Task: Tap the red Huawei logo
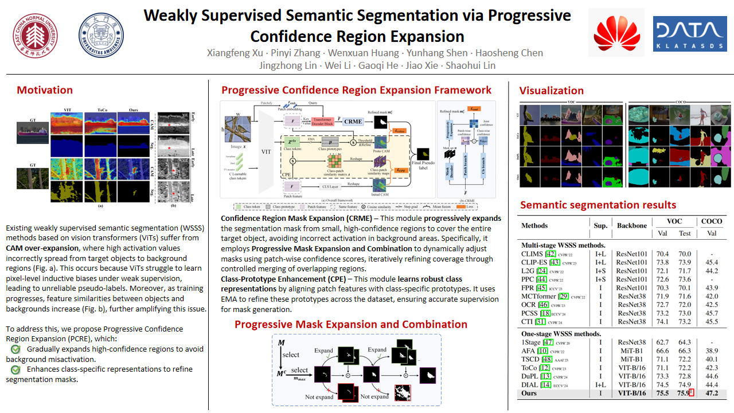(x=616, y=33)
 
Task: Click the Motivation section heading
(x=45, y=90)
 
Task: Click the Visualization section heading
(x=551, y=91)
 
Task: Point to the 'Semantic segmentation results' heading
(x=598, y=205)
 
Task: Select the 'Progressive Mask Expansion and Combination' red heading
(x=350, y=324)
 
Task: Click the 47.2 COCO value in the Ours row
(x=712, y=393)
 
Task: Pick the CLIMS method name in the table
(x=530, y=254)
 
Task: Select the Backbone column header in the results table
(x=631, y=225)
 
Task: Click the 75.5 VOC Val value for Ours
(x=662, y=393)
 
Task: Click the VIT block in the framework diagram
(x=266, y=152)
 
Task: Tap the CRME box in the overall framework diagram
(x=353, y=121)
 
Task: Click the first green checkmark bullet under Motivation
(x=15, y=349)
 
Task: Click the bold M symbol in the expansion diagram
(x=281, y=343)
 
